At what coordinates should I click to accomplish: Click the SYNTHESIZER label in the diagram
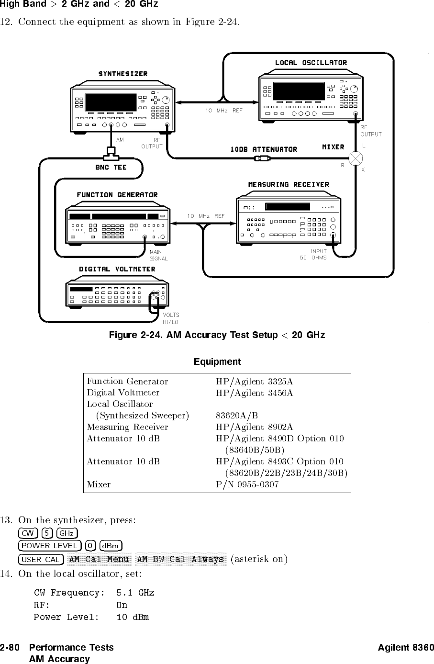pos(123,74)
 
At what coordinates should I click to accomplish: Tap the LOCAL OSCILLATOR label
pos(311,63)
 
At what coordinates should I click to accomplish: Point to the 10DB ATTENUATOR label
pos(264,149)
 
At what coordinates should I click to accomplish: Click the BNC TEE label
pos(111,168)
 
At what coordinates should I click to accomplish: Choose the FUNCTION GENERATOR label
pos(117,195)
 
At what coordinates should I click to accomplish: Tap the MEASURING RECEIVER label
pos(289,184)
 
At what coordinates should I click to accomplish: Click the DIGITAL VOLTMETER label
pos(117,269)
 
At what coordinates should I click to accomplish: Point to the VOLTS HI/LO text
pos(171,318)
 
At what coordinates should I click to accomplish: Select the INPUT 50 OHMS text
pos(313,254)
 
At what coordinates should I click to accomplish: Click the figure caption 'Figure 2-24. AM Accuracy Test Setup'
pos(217,335)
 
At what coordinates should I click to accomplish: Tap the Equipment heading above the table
pos(217,361)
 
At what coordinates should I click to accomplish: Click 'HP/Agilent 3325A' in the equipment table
pos(255,382)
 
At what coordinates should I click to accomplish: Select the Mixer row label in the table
pos(99,484)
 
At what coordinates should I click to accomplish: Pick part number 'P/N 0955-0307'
pos(247,484)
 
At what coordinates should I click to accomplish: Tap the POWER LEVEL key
pos(49,546)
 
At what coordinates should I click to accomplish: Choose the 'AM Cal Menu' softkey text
pos(99,559)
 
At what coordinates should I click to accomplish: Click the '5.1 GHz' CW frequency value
pos(135,593)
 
